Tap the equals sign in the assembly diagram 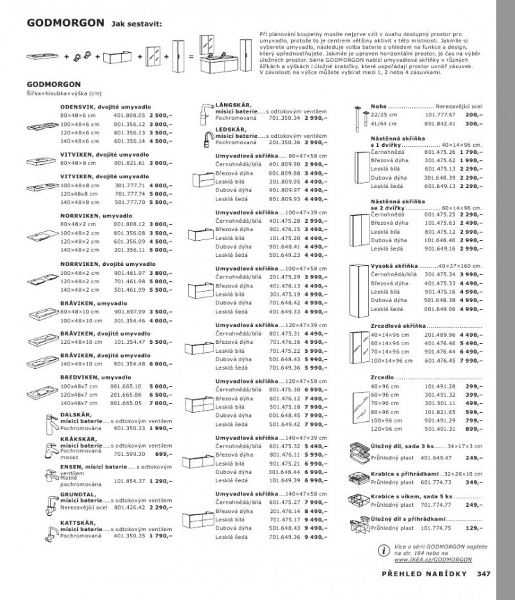[x=190, y=55]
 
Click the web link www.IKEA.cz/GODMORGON [x=434, y=558]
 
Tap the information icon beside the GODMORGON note [x=383, y=551]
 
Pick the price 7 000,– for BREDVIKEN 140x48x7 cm [x=160, y=403]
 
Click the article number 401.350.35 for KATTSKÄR [x=126, y=536]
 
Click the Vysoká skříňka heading [x=393, y=267]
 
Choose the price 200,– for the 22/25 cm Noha [x=473, y=114]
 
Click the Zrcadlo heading [x=382, y=377]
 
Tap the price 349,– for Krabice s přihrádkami [x=473, y=481]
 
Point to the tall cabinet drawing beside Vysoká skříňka [x=356, y=287]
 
